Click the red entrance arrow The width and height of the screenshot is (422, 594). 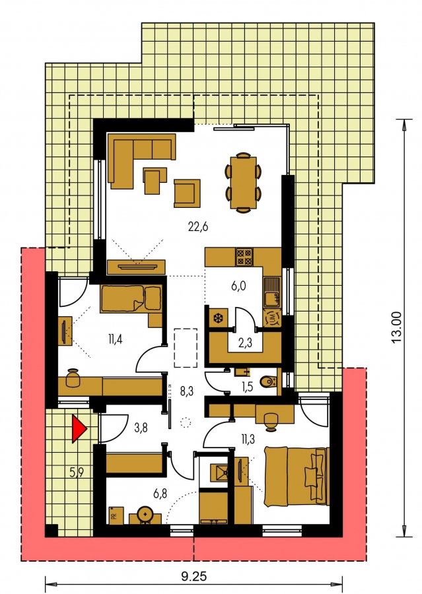[79, 428]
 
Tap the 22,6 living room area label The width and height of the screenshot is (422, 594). [198, 227]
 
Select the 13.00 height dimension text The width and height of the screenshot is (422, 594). [396, 327]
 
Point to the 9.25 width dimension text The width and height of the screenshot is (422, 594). [193, 577]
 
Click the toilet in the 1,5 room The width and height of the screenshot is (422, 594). [270, 382]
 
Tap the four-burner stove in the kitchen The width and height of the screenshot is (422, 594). [244, 257]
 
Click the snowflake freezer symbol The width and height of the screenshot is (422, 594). [218, 317]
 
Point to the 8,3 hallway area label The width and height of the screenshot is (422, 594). [186, 391]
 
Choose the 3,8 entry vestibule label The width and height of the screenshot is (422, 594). [141, 428]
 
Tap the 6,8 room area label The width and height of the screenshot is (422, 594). [160, 493]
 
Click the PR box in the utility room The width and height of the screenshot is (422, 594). [116, 515]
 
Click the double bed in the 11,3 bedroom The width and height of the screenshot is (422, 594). [296, 476]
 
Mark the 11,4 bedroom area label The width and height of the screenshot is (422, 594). [115, 339]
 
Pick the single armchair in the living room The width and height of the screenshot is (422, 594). [187, 193]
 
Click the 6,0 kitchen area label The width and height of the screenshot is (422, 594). [238, 286]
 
